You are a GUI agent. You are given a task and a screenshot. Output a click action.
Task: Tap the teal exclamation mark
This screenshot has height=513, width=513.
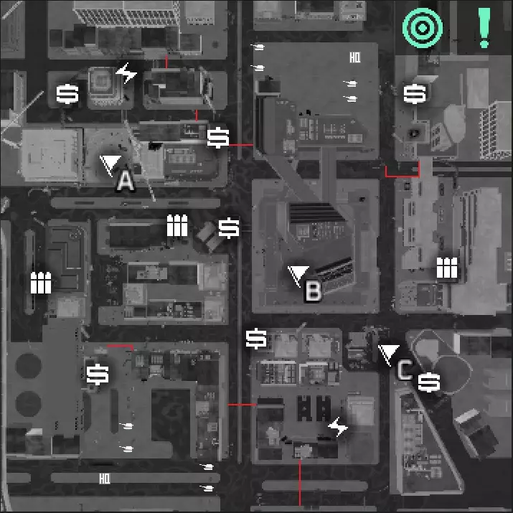coord(484,28)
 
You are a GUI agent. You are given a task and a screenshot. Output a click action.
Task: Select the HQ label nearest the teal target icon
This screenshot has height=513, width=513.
coord(355,58)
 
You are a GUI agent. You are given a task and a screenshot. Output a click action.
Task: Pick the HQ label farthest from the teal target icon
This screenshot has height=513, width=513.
coord(105,479)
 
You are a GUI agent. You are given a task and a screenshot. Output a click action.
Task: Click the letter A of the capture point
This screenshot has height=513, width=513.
coord(126,182)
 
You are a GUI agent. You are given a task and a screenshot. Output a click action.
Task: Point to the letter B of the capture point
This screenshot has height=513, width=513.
coord(313,291)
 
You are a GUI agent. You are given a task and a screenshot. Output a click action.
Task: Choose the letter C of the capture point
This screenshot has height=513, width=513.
coord(405,370)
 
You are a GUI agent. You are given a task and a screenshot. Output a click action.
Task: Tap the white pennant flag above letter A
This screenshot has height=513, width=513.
coord(110,164)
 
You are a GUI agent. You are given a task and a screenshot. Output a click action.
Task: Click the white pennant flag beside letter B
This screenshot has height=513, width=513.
coord(297,274)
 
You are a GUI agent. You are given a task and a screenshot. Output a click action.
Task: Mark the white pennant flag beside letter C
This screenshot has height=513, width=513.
coord(388,353)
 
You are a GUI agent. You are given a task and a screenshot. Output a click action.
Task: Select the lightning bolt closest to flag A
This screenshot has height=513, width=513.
coord(126,72)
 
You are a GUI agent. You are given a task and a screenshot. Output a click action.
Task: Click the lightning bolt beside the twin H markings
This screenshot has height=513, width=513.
coord(338,427)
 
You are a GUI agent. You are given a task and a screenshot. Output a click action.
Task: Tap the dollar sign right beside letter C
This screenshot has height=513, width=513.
coord(429,382)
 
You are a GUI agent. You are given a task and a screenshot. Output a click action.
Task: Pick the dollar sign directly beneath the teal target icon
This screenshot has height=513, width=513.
coord(415,94)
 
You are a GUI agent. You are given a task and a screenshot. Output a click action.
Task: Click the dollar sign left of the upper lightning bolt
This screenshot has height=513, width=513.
coord(67,94)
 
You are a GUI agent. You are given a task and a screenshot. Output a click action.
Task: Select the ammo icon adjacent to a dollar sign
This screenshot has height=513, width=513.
coord(177,225)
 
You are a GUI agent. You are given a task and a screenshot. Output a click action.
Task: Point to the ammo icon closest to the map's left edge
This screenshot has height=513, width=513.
coord(41,283)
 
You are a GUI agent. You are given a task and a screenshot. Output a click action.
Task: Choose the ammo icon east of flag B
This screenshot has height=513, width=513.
coord(447,268)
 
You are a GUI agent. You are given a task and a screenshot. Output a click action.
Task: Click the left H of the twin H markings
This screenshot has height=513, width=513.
coord(305,408)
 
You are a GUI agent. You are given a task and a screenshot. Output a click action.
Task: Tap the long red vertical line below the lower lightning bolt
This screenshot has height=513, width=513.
coord(300,483)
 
